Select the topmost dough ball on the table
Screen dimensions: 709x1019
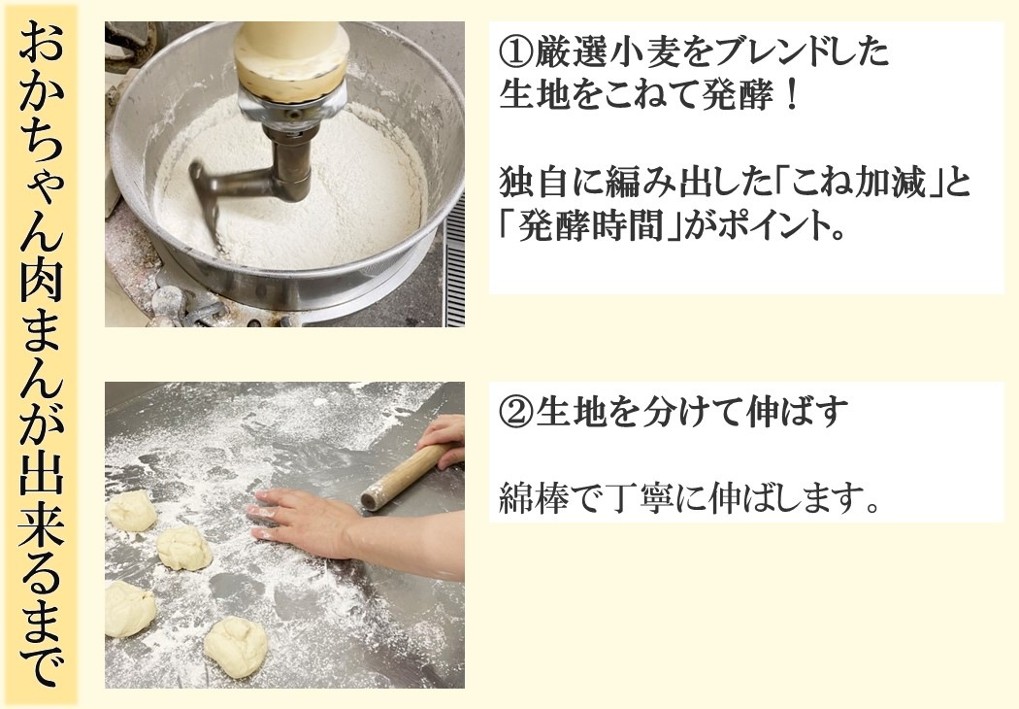(x=131, y=511)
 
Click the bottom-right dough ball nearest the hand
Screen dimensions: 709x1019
(x=235, y=646)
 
